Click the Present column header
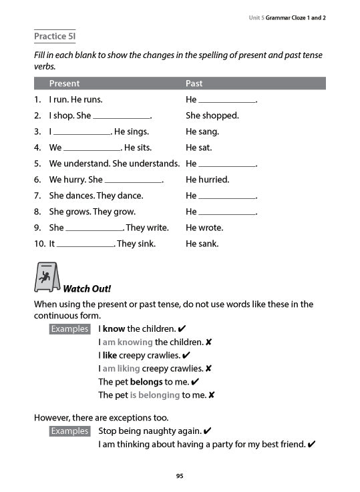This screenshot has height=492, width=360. (64, 83)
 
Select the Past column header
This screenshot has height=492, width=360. (194, 83)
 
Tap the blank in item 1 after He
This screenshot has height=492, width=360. (227, 101)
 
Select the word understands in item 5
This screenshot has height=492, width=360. (156, 164)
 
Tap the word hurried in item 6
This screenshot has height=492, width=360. (214, 180)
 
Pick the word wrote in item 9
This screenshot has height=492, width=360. (212, 228)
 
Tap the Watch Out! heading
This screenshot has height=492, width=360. (86, 289)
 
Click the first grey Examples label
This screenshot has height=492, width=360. (69, 329)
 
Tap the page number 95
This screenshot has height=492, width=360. (180, 476)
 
